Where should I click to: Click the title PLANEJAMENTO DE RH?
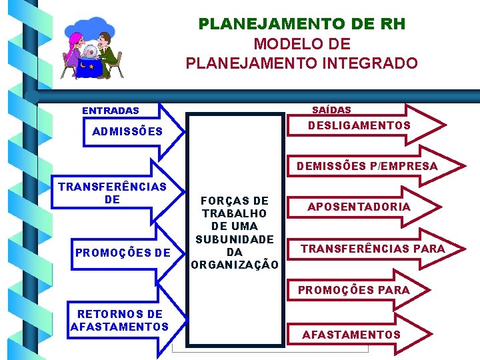coord(301,24)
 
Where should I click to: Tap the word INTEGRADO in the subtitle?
coord(370,63)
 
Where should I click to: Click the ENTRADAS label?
coord(111,111)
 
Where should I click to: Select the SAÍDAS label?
coord(331,109)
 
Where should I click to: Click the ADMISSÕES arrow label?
coord(127,131)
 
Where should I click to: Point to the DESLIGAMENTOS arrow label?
coord(359,125)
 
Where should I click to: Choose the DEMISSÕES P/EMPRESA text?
coord(367,166)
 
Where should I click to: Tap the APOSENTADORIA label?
coord(359,207)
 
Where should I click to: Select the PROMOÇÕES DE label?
coord(123,253)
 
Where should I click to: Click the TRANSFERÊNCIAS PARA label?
coord(373,249)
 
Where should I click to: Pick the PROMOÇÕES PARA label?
coord(353,290)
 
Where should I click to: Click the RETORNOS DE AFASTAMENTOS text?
coord(119,320)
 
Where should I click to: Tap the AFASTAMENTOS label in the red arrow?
coord(351,335)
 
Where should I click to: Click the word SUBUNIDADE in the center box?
coord(234,239)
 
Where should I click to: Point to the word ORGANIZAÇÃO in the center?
coord(235,265)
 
